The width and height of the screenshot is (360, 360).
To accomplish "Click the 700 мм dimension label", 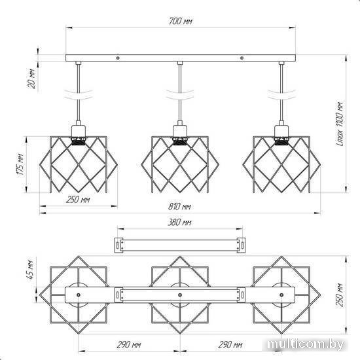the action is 181,21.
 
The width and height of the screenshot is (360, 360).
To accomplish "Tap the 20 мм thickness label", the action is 31,79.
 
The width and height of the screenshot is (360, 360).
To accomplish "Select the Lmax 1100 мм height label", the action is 340,124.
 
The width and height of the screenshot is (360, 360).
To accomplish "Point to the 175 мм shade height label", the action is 20,164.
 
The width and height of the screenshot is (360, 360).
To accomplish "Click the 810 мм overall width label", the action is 179,206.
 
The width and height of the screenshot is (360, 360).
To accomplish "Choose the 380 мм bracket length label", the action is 179,223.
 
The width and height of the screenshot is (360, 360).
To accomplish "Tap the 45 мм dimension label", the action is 30,270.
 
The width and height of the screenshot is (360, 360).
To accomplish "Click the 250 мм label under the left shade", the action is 78,200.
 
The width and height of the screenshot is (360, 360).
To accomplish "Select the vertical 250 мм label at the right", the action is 340,295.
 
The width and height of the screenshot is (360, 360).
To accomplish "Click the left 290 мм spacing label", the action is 129,344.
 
